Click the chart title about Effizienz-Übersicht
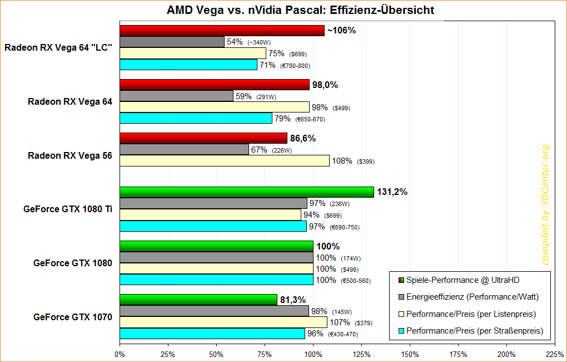(x=300, y=10)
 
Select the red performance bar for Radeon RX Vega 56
(x=203, y=138)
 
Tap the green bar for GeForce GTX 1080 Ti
(x=246, y=192)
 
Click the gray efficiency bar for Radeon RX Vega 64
(x=176, y=96)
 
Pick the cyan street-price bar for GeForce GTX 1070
(x=212, y=334)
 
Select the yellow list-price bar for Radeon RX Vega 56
(x=224, y=161)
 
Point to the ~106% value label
(x=341, y=31)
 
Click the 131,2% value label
(x=392, y=192)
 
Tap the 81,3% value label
(x=293, y=300)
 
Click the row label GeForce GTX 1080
(x=73, y=263)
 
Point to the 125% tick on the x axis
(x=361, y=354)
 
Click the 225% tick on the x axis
(x=555, y=354)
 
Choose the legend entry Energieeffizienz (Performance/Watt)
(x=472, y=297)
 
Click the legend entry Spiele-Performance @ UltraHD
(x=464, y=280)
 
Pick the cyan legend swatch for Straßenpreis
(x=400, y=331)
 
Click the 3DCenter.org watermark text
(x=545, y=204)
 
